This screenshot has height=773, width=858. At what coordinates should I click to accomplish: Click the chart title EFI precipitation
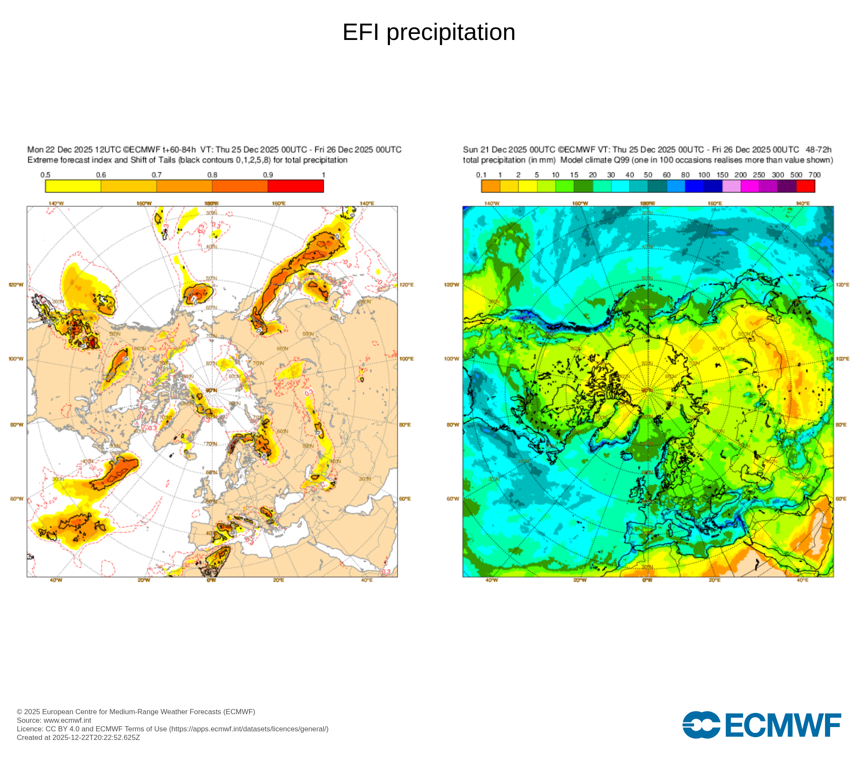[429, 32]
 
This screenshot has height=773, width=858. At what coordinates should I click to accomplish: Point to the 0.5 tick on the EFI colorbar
[45, 175]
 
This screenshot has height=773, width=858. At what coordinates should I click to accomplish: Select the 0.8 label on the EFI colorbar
[212, 175]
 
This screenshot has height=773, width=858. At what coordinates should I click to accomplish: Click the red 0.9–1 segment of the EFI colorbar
[296, 186]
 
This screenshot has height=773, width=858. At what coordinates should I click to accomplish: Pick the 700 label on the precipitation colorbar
[814, 175]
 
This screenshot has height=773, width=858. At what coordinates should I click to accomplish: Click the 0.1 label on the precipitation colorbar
[481, 175]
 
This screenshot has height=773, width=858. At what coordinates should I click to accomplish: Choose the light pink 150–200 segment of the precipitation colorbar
[731, 186]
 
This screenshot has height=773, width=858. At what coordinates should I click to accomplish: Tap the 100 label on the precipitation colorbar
[704, 175]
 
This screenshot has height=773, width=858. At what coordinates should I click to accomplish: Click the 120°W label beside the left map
[16, 285]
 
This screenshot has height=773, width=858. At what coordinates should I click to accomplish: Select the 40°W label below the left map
[56, 580]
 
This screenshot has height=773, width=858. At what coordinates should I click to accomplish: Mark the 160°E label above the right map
[714, 203]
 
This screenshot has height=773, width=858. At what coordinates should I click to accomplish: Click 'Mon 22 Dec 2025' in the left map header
[60, 150]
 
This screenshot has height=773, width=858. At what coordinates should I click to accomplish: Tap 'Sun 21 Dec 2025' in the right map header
[495, 150]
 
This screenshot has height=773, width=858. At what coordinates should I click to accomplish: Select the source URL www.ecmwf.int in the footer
[67, 720]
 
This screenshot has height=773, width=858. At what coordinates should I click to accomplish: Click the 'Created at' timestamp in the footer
[79, 737]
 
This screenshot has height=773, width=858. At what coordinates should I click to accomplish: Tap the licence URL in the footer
[249, 729]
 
